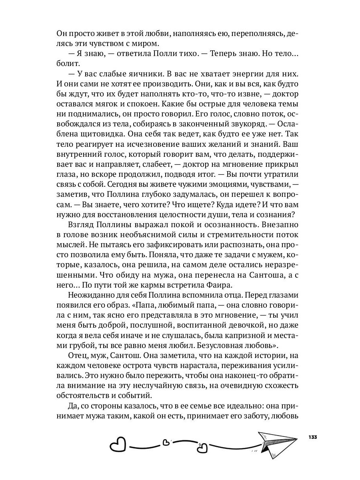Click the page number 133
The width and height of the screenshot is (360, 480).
pos(313,436)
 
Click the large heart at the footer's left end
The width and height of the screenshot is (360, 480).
pos(118,444)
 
